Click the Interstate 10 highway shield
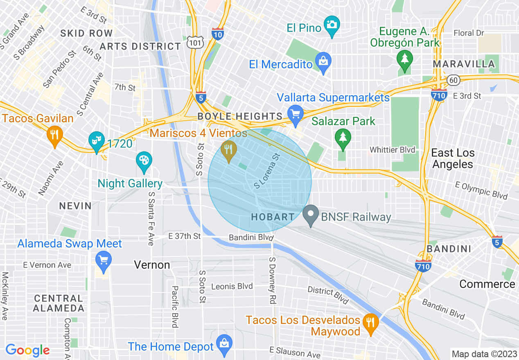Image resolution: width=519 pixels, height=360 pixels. coord(217,34)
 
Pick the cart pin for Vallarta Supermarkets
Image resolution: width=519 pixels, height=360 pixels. coord(295,114)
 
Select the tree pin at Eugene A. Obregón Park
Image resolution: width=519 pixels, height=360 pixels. coord(404,60)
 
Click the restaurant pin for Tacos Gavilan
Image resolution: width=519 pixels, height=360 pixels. coord(54,136)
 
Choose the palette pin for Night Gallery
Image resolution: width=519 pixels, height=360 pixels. coord(144,161)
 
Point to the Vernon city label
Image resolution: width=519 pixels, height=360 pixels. coord(152,265)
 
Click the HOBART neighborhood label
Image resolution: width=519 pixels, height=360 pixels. coord(273,217)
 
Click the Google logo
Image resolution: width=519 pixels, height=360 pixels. coord(27,350)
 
